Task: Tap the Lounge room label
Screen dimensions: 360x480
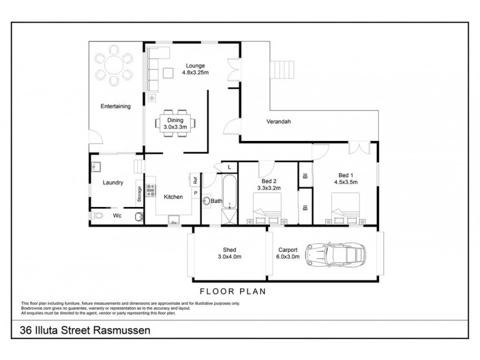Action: pyautogui.click(x=195, y=69)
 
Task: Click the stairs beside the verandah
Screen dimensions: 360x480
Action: pyautogui.click(x=282, y=70)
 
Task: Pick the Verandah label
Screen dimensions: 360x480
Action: pyautogui.click(x=279, y=122)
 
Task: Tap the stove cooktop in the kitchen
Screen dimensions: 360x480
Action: pyautogui.click(x=151, y=186)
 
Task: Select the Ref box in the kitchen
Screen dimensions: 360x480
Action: pyautogui.click(x=195, y=178)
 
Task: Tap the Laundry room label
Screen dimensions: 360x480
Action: pyautogui.click(x=113, y=182)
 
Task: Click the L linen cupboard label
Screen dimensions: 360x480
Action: pyautogui.click(x=230, y=166)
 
